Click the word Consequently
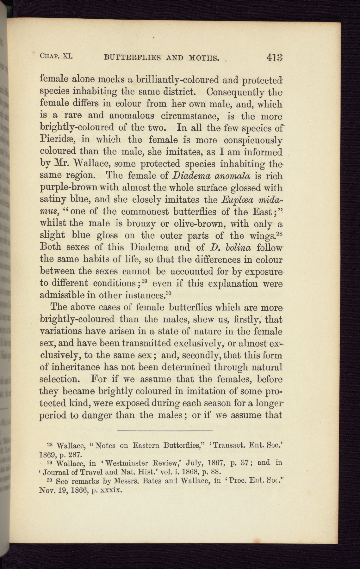[x=235, y=92]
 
